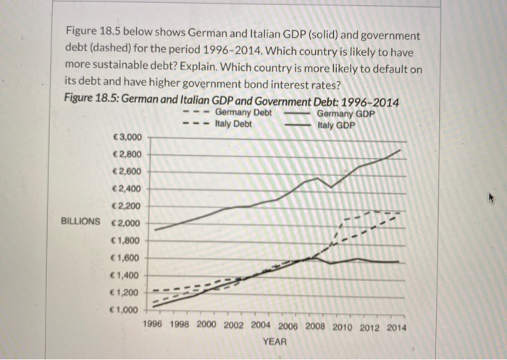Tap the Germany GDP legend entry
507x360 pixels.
345,114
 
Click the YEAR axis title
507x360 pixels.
275,341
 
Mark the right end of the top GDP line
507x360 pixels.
400,150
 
